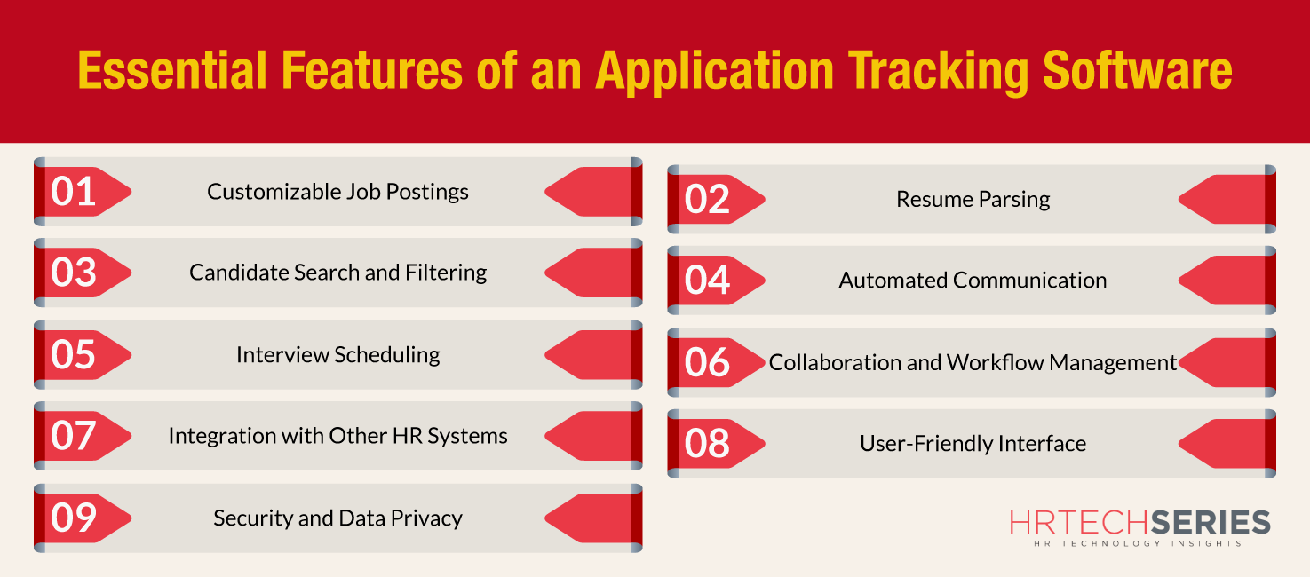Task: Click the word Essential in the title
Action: pyautogui.click(x=172, y=70)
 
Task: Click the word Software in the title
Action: pyautogui.click(x=1138, y=70)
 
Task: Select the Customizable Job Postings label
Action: pyautogui.click(x=338, y=192)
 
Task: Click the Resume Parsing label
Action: pyautogui.click(x=973, y=200)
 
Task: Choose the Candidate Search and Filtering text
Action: pyautogui.click(x=338, y=273)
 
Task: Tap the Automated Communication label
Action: pyautogui.click(x=973, y=280)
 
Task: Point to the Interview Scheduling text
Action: pyautogui.click(x=338, y=355)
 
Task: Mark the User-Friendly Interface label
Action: pyautogui.click(x=973, y=444)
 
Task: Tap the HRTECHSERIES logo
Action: pyautogui.click(x=1139, y=522)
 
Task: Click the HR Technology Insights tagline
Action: pyautogui.click(x=1138, y=543)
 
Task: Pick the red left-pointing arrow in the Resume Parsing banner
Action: pyautogui.click(x=1221, y=200)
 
